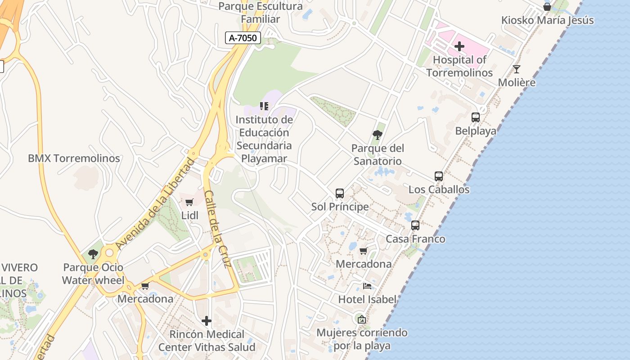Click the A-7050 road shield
243,38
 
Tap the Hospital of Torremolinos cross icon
459,46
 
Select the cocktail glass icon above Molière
517,69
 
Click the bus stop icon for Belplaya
476,117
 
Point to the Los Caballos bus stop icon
439,176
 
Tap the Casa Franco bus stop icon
415,225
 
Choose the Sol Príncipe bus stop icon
340,193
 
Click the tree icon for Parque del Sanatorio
378,135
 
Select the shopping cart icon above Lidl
189,202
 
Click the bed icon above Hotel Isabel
367,286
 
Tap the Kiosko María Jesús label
547,20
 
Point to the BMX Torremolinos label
74,158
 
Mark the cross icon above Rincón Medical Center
207,321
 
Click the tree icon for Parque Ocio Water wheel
93,254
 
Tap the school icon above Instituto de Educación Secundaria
264,106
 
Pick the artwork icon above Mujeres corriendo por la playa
361,319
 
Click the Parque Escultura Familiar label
261,13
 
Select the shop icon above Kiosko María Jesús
547,7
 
